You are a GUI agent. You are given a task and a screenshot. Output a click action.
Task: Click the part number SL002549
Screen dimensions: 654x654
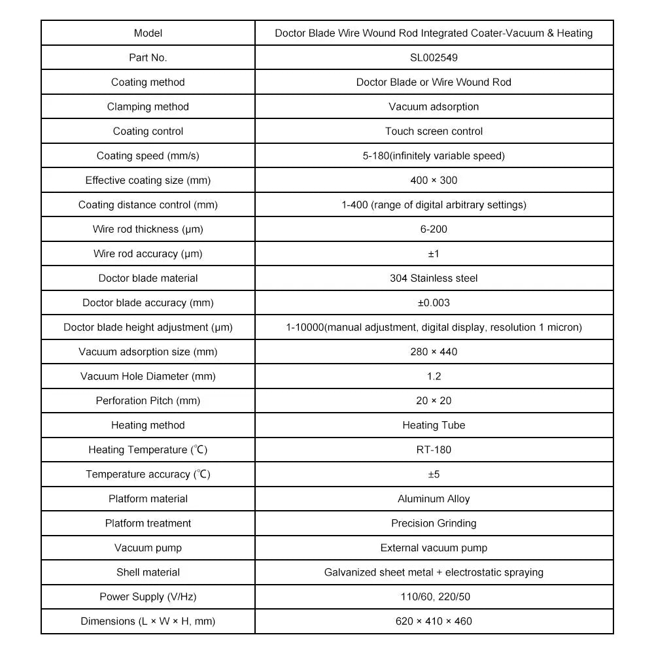point(434,58)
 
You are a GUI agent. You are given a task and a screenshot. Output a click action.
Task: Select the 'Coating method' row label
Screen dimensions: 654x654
point(148,82)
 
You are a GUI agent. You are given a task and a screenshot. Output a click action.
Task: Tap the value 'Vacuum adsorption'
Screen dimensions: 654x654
point(434,107)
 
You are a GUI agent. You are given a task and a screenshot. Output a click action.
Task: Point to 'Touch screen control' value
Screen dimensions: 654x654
point(434,131)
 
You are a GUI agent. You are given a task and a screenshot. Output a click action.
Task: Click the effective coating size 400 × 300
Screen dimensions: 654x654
point(434,181)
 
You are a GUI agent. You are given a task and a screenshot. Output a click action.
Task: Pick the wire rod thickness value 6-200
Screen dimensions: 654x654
point(434,230)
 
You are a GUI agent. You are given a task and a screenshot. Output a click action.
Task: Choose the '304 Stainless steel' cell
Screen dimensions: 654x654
point(434,279)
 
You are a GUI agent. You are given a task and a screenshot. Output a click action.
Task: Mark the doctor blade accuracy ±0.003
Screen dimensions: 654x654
point(434,303)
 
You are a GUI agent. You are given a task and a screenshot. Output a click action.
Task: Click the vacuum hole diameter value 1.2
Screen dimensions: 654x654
point(434,376)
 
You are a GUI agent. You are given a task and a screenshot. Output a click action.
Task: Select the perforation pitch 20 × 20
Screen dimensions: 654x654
point(434,401)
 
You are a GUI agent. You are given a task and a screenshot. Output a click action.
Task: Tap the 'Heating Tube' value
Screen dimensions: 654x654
point(434,425)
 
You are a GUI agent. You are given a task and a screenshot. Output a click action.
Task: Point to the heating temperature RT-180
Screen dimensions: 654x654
point(434,450)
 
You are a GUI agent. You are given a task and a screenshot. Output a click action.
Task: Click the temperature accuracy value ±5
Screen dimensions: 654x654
point(434,474)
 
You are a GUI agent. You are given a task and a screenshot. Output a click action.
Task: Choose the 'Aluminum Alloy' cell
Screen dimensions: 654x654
point(434,499)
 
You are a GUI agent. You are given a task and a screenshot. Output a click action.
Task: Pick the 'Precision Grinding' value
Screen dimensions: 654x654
point(434,523)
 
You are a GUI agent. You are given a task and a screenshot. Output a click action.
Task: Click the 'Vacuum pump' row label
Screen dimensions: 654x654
point(148,548)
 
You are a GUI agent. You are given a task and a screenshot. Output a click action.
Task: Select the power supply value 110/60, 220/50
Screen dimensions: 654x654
point(434,597)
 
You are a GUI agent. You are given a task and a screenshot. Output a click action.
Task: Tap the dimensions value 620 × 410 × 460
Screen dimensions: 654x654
point(434,621)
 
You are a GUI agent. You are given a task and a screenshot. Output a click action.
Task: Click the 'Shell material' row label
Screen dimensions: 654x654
point(148,572)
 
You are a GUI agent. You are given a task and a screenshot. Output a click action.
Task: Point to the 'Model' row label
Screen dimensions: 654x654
point(148,33)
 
